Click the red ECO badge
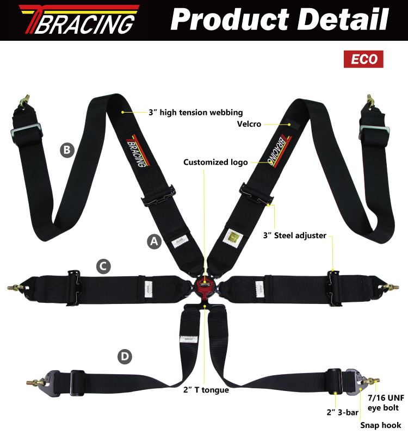click(x=363, y=59)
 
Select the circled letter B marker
click(x=67, y=150)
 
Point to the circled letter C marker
click(x=104, y=266)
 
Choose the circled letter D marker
click(x=125, y=357)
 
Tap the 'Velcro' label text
click(x=249, y=124)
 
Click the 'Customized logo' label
click(x=215, y=162)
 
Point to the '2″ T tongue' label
click(x=206, y=389)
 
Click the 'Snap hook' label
click(x=381, y=425)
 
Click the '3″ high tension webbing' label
click(x=195, y=113)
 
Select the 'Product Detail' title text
click(x=280, y=20)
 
